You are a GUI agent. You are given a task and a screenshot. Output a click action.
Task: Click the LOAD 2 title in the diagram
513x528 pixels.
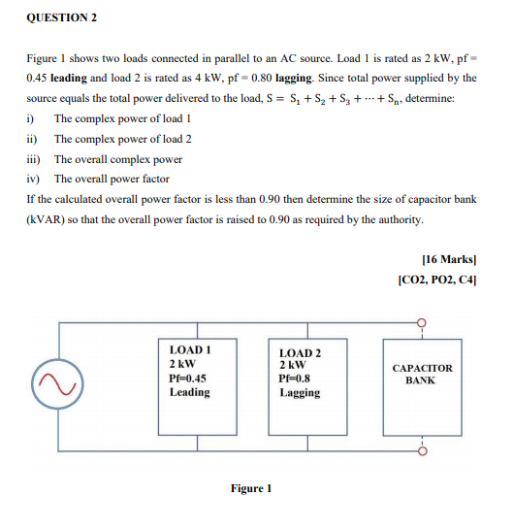point(299,353)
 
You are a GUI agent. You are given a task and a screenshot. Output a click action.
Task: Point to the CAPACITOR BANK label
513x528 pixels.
point(422,374)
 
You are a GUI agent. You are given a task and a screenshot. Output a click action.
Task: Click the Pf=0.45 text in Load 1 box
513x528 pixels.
point(187,378)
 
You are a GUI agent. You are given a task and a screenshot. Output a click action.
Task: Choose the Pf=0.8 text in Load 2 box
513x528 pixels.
point(295,379)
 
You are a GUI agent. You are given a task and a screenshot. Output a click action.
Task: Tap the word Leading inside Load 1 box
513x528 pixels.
point(189,392)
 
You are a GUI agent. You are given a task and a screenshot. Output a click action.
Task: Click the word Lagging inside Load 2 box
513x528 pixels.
point(299,393)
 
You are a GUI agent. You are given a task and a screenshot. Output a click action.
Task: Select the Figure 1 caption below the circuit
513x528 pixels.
point(251,488)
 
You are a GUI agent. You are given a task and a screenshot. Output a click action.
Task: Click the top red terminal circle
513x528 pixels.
point(422,322)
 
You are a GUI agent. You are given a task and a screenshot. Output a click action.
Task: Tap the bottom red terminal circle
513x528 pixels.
point(422,450)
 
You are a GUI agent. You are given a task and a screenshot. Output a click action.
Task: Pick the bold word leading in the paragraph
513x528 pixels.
point(70,78)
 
